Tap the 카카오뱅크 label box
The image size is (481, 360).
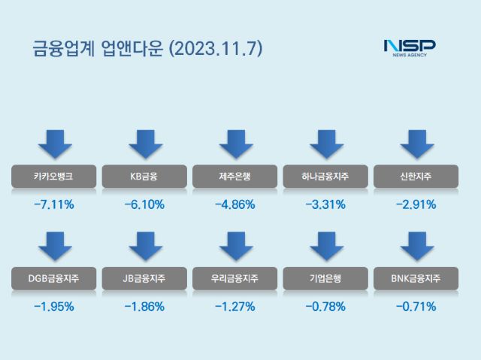pyautogui.click(x=53, y=177)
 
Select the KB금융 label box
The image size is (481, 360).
pyautogui.click(x=144, y=177)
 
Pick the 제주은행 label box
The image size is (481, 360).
pyautogui.click(x=235, y=177)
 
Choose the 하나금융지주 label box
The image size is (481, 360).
pyautogui.click(x=326, y=177)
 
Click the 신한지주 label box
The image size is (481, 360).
pyautogui.click(x=416, y=177)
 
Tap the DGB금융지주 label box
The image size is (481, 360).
pyautogui.click(x=53, y=279)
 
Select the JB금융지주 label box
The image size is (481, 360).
pyautogui.click(x=144, y=279)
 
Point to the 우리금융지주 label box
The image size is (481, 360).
pyautogui.click(x=235, y=279)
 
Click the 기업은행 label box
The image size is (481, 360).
pyautogui.click(x=326, y=279)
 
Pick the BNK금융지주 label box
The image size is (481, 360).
pyautogui.click(x=416, y=279)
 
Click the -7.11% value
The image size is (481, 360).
pyautogui.click(x=53, y=204)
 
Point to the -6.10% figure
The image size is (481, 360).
pyautogui.click(x=144, y=204)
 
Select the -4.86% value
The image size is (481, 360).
pyautogui.click(x=235, y=204)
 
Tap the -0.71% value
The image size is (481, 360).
pyautogui.click(x=416, y=307)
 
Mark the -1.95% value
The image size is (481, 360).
pyautogui.click(x=53, y=307)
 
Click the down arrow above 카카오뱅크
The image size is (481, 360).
pyautogui.click(x=53, y=144)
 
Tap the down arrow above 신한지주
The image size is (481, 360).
pyautogui.click(x=416, y=144)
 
